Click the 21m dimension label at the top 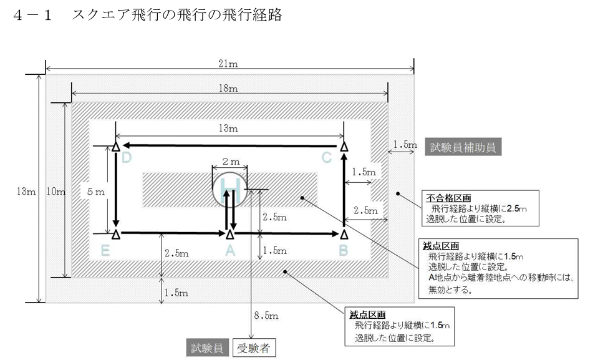tap(229, 63)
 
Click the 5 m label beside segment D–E tap(95, 192)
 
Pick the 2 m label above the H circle tap(229, 162)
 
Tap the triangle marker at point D tap(116, 147)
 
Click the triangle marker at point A tap(229, 234)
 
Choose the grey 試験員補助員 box tap(465, 147)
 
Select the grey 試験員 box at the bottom tap(208, 348)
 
